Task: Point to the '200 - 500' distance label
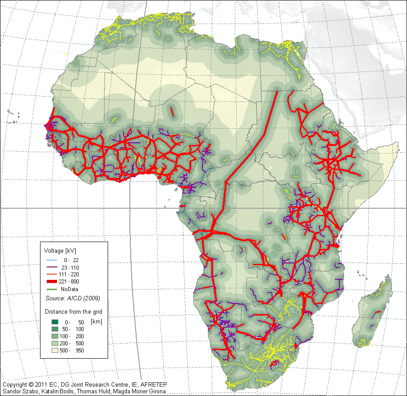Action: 72,343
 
